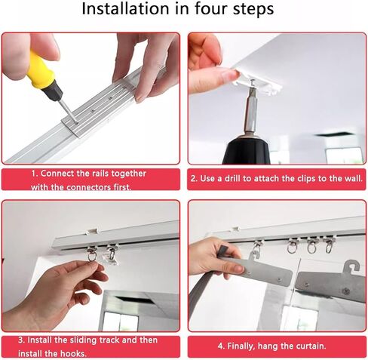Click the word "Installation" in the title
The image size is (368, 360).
[x=126, y=8]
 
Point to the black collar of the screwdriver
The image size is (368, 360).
[x=54, y=91]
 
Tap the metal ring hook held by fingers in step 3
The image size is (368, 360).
[x=92, y=254]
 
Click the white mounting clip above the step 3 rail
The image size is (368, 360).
[x=91, y=232]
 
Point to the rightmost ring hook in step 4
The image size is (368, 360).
[x=329, y=246]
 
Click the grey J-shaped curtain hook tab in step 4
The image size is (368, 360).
[x=351, y=266]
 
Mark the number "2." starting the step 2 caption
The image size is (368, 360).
[x=194, y=178]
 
